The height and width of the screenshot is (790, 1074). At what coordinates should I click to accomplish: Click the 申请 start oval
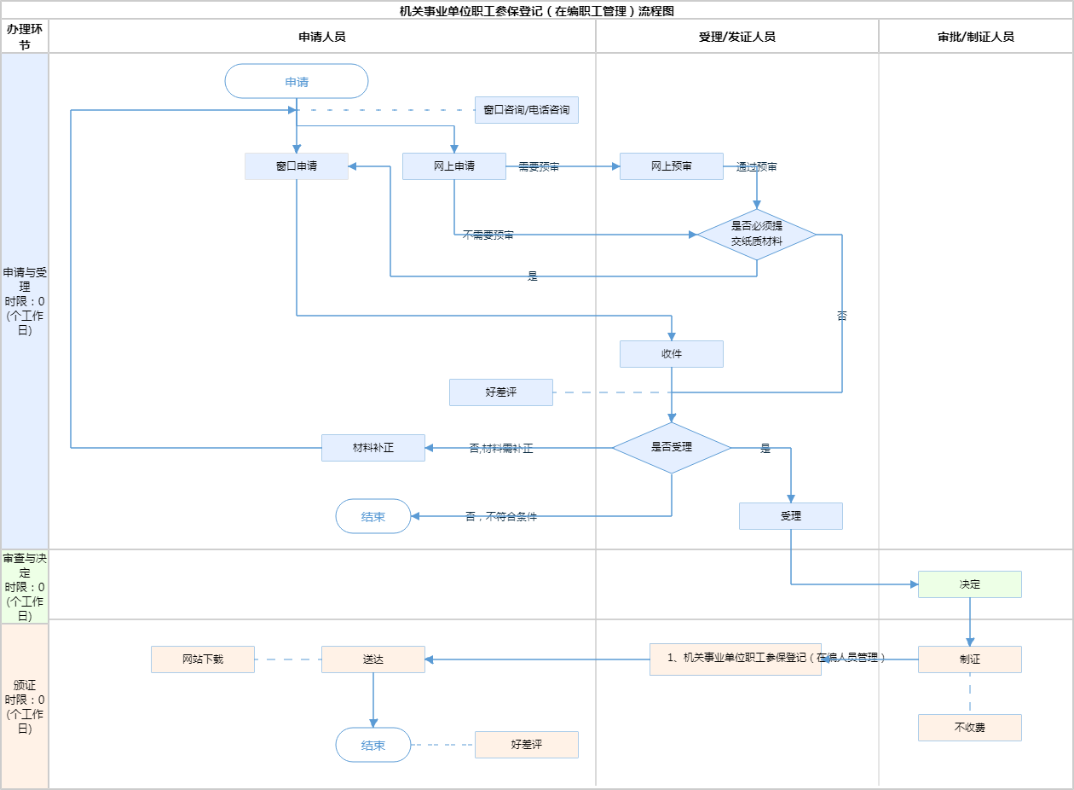point(297,82)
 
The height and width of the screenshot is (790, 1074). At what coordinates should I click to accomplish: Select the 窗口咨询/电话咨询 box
point(526,110)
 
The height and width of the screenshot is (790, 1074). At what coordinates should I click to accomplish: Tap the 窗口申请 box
point(297,166)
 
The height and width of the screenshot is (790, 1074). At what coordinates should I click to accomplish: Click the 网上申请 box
point(454,166)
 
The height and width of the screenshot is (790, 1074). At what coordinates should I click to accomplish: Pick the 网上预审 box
point(672,166)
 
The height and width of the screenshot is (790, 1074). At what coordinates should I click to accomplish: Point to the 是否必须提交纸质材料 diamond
point(757,235)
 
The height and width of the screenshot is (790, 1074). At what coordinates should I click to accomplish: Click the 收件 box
point(672,354)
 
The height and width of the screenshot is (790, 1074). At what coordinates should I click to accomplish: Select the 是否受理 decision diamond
point(672,447)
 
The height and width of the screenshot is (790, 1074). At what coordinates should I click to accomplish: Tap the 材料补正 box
point(373,448)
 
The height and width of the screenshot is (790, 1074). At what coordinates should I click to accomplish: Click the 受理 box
point(791,516)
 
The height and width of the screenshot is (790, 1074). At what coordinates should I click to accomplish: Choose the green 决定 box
point(970,584)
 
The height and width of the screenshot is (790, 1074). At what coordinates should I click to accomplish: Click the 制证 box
point(970,659)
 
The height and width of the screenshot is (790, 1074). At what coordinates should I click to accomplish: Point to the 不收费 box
point(970,728)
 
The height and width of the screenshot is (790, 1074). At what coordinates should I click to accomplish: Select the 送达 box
point(373,659)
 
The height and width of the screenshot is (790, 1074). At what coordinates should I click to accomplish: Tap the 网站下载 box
point(203,659)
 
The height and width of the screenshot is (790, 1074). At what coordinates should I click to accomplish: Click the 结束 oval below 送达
point(373,745)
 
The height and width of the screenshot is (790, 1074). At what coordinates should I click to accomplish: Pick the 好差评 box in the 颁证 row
point(527,745)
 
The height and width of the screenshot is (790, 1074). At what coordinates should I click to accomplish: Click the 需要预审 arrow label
point(539,167)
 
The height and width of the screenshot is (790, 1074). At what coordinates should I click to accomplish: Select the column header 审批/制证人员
point(976,37)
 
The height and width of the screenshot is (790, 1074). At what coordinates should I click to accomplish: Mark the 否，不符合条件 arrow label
point(501,517)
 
